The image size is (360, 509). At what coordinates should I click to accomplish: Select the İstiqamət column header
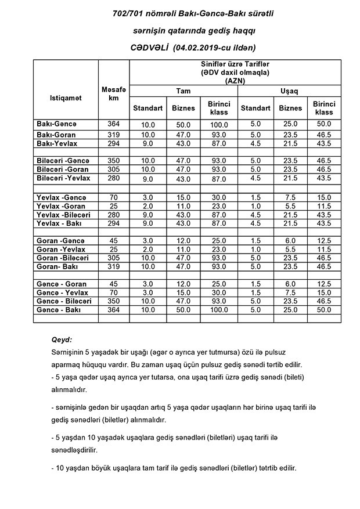click(x=66, y=98)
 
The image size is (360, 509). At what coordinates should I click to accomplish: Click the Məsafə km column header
click(x=113, y=93)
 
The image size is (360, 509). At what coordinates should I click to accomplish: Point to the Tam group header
click(x=183, y=91)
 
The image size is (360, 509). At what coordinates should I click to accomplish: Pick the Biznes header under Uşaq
click(x=290, y=108)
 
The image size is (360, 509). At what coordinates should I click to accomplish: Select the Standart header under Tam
click(x=147, y=108)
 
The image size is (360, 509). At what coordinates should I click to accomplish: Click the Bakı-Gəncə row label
click(x=56, y=124)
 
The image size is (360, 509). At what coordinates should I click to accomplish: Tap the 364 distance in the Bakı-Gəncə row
click(x=113, y=124)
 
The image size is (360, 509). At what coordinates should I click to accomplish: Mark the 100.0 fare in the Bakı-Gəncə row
click(x=219, y=125)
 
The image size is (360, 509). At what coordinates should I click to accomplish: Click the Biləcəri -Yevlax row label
click(x=62, y=178)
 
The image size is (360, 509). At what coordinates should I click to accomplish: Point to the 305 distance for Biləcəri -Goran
click(x=113, y=169)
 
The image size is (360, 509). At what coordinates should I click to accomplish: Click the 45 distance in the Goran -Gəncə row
click(x=113, y=241)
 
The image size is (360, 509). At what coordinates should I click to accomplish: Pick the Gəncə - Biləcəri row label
click(x=64, y=302)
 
